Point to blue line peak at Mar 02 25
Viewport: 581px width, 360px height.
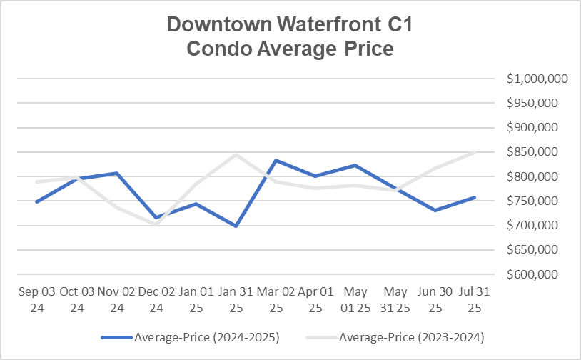[x=276, y=160]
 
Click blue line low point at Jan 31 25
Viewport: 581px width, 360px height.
[x=236, y=226]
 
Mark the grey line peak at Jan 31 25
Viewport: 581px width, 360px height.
[x=236, y=154]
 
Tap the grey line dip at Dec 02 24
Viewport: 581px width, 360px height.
[x=155, y=224]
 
